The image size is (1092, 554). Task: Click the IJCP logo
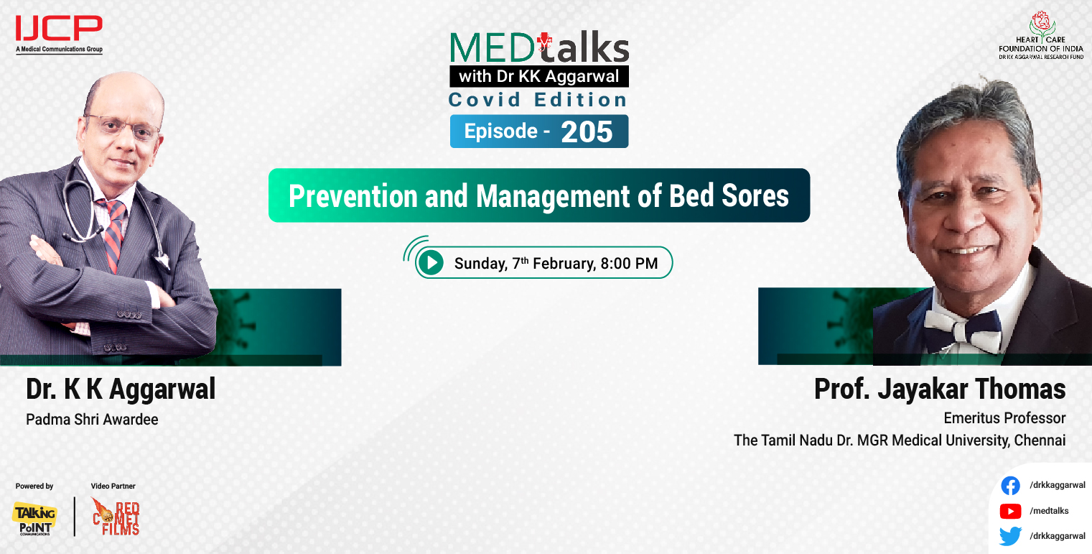pyautogui.click(x=59, y=30)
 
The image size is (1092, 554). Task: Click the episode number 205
pyautogui.click(x=587, y=132)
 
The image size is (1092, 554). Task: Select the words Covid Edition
pyautogui.click(x=538, y=100)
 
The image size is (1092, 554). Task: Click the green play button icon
pyautogui.click(x=431, y=263)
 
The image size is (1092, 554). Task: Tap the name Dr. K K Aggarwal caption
pyautogui.click(x=121, y=390)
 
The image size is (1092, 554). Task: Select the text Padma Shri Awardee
pyautogui.click(x=92, y=420)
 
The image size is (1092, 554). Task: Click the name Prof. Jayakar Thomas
pyautogui.click(x=939, y=389)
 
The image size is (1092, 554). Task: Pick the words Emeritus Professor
pyautogui.click(x=1004, y=418)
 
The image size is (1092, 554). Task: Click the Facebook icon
pyautogui.click(x=1010, y=486)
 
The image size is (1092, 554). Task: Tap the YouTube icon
pyautogui.click(x=1010, y=511)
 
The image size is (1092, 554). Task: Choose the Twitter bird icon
pyautogui.click(x=1010, y=536)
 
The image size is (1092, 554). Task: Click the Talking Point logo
pyautogui.click(x=34, y=517)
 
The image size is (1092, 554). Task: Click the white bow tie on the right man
pyautogui.click(x=962, y=327)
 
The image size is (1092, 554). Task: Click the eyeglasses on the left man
pyautogui.click(x=129, y=126)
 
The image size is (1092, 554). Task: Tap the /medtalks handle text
pyautogui.click(x=1049, y=511)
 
